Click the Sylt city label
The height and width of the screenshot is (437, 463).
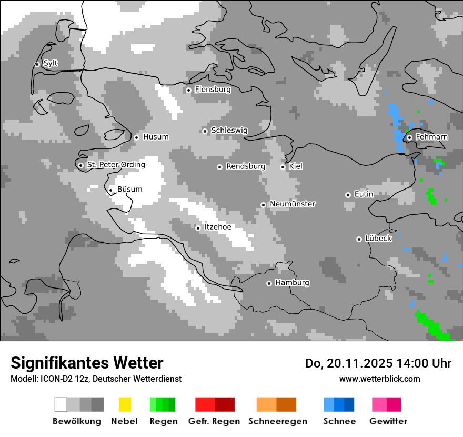51,64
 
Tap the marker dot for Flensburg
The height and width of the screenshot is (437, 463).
189,90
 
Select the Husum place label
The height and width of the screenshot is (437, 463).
156,137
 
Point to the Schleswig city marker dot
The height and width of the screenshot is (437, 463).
205,131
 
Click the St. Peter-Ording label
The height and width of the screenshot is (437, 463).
116,165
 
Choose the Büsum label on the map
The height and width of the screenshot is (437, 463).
129,190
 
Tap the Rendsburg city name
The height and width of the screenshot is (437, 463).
246,167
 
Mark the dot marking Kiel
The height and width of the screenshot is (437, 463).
283,167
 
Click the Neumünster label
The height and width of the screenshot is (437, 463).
293,204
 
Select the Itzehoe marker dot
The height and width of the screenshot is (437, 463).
198,228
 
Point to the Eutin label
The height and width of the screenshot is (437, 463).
364,194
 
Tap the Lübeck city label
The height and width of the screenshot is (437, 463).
378,239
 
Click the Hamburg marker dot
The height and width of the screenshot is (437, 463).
269,283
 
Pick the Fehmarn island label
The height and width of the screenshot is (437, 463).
431,137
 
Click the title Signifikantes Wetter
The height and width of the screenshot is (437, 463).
87,363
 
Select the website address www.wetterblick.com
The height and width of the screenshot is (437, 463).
379,379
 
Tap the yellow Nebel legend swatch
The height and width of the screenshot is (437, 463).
125,404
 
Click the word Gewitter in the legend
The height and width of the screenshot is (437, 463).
388,421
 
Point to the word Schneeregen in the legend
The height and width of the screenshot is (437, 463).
277,421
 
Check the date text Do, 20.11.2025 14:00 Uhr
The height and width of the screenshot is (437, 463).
378,363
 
